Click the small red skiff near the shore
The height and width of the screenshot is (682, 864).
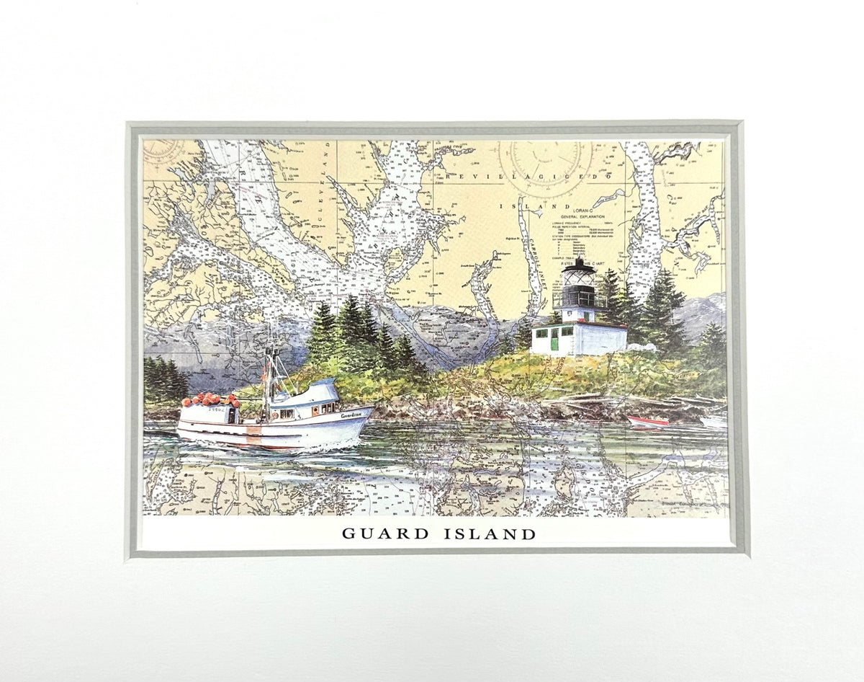pyautogui.click(x=647, y=421)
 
